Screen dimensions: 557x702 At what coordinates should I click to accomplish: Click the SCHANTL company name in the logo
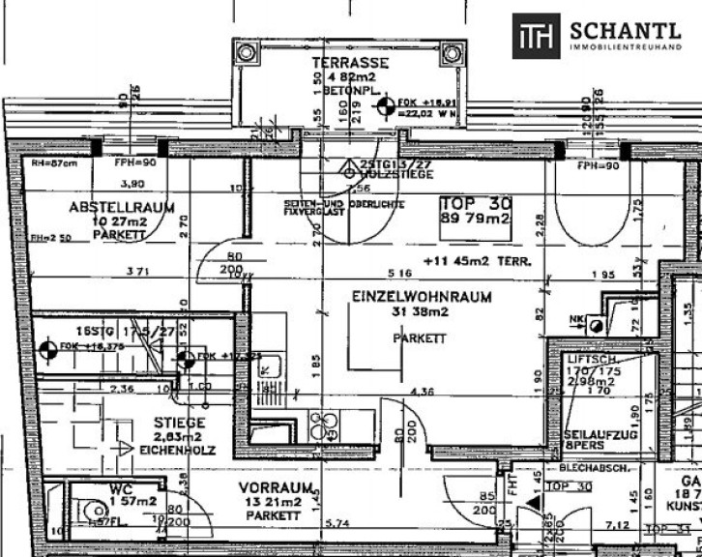pyautogui.click(x=626, y=30)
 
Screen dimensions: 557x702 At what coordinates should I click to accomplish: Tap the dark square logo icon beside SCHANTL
pyautogui.click(x=535, y=36)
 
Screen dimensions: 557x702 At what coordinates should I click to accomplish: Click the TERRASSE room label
pyautogui.click(x=336, y=63)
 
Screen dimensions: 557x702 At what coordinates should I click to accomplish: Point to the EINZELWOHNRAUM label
pyautogui.click(x=421, y=297)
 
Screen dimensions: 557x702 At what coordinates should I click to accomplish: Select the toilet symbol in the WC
pyautogui.click(x=96, y=512)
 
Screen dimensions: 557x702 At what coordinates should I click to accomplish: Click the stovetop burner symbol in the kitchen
pyautogui.click(x=320, y=423)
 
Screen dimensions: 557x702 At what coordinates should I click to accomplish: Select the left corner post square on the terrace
pyautogui.click(x=247, y=52)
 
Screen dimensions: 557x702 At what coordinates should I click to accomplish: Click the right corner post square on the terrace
pyautogui.click(x=452, y=52)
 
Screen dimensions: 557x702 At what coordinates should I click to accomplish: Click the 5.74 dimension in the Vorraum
pyautogui.click(x=338, y=523)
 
